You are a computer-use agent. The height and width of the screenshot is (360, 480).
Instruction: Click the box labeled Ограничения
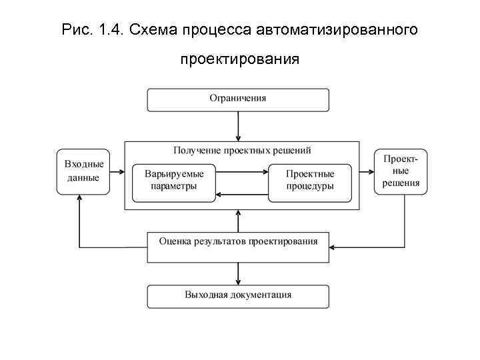click(237, 99)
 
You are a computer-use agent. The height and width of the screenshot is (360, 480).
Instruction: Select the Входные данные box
click(83, 171)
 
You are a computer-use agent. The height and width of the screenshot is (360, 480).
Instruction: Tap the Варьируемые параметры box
click(174, 181)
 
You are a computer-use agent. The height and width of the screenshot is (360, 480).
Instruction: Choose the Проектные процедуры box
click(310, 181)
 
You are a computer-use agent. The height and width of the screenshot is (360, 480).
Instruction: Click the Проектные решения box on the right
click(401, 171)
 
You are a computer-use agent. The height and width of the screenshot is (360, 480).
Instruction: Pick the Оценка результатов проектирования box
click(237, 247)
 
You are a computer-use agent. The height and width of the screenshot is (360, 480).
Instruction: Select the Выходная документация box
click(237, 295)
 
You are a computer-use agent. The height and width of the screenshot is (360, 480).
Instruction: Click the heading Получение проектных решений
click(242, 151)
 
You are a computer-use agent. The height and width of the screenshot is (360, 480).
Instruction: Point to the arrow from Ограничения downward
click(238, 125)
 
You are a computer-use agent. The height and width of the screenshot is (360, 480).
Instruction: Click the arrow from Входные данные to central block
click(117, 172)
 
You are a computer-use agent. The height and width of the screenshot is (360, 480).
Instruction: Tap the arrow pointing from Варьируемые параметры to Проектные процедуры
click(242, 171)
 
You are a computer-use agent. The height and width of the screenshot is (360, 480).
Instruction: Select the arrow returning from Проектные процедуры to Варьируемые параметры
click(242, 194)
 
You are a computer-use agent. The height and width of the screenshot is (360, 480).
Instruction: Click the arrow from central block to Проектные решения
click(367, 172)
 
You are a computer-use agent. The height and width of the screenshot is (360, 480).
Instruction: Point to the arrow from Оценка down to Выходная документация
click(238, 273)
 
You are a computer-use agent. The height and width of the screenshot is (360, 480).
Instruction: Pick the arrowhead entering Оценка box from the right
click(333, 247)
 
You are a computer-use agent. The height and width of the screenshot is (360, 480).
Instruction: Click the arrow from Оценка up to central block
click(238, 221)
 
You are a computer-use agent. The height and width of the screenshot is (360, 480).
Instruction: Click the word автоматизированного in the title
click(345, 29)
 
